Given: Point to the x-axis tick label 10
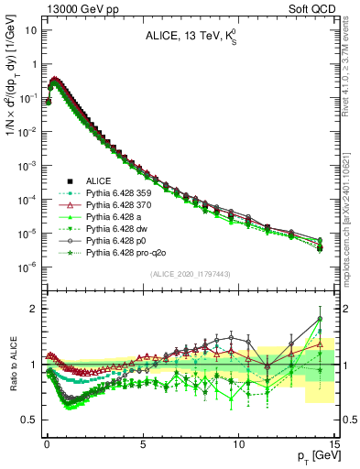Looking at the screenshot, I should click(x=239, y=442).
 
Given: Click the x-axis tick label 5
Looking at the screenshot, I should click(x=143, y=442).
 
